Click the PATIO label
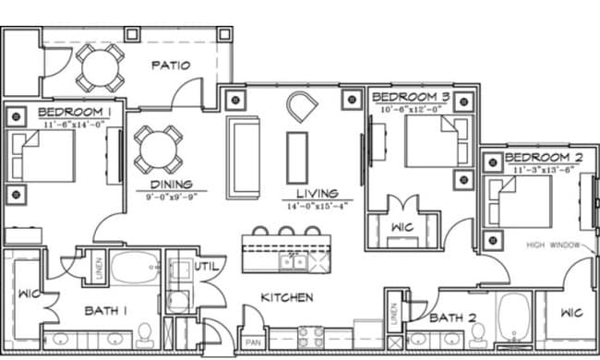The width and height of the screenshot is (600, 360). pyautogui.click(x=171, y=66)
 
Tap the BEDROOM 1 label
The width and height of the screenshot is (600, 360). pyautogui.click(x=77, y=111)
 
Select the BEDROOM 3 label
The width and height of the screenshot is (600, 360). pyautogui.click(x=411, y=97)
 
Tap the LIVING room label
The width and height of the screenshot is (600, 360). pyautogui.click(x=317, y=195)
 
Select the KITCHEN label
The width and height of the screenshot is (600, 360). pyautogui.click(x=286, y=297)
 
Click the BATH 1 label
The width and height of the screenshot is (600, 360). pyautogui.click(x=106, y=311)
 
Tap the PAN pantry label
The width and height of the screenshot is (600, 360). pyautogui.click(x=251, y=342)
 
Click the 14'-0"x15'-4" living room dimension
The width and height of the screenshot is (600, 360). pyautogui.click(x=317, y=207)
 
